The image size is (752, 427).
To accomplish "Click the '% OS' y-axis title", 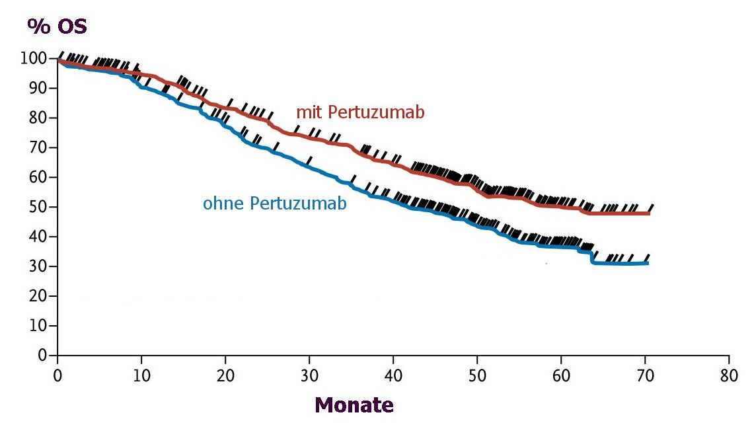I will tap(57, 26).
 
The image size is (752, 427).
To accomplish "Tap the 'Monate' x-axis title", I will tap(354, 405).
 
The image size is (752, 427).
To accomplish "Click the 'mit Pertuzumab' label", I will tap(360, 112).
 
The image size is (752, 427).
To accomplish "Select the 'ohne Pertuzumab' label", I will tap(275, 204).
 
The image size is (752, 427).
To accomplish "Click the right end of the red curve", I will tap(649, 213).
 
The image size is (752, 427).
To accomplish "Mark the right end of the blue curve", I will tap(648, 263).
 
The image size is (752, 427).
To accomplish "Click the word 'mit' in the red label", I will tap(307, 112).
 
